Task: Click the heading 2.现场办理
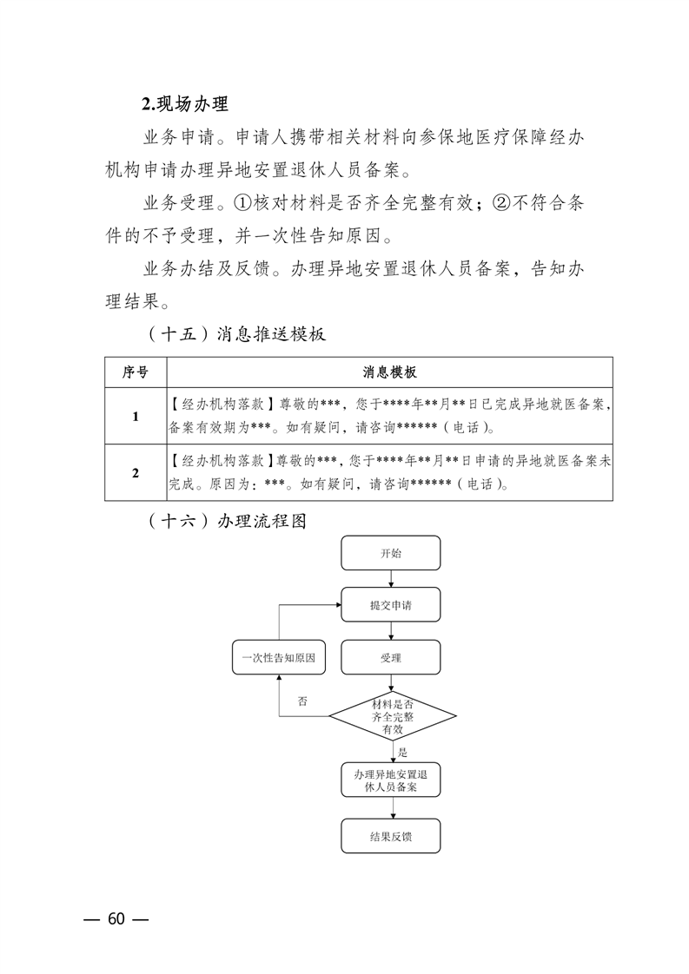click(184, 105)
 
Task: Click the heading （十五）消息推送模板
click(232, 334)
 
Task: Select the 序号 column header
click(136, 372)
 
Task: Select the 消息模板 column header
click(389, 372)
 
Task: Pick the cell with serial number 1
click(136, 416)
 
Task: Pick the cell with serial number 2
click(136, 473)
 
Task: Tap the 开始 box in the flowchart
click(390, 553)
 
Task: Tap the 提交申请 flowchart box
click(390, 605)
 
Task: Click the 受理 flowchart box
click(390, 658)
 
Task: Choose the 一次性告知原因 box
click(278, 658)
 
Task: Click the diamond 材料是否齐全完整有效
click(392, 716)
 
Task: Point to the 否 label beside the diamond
click(302, 701)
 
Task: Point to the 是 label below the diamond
click(403, 753)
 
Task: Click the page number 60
click(116, 919)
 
